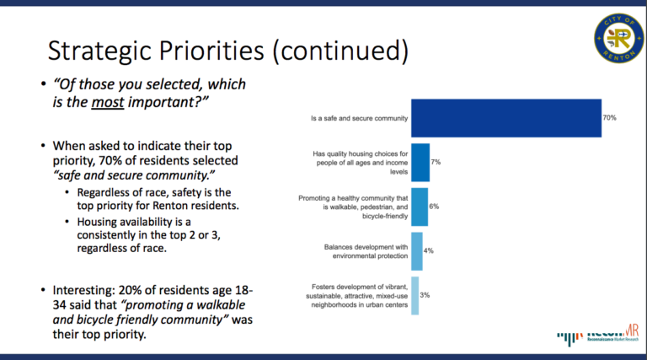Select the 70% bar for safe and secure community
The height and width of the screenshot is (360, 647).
tap(505, 119)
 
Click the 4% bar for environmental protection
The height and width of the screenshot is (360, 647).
tap(416, 251)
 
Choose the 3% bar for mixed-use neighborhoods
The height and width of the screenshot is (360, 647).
tap(414, 295)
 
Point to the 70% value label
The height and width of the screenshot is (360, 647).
tap(609, 119)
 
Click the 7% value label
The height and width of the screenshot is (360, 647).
tap(436, 161)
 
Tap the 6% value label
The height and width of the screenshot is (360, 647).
tap(434, 206)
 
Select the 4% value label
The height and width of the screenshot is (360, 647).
tap(429, 251)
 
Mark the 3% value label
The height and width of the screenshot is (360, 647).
tap(425, 295)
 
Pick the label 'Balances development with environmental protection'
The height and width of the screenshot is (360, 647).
tap(366, 251)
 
